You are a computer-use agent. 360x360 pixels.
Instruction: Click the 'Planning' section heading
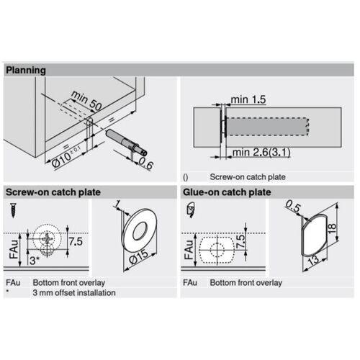coord(27,71)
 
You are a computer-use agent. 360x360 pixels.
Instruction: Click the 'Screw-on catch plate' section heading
coord(53,193)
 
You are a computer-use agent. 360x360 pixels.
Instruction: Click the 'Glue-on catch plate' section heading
coord(226,193)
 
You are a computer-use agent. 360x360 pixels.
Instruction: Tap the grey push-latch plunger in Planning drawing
coord(125,140)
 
